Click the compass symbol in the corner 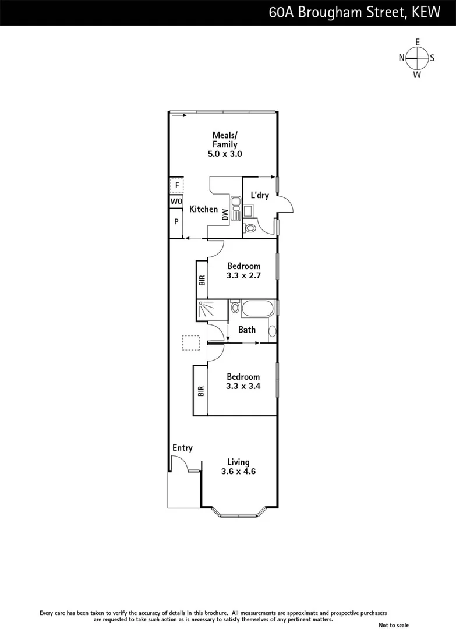click(417, 58)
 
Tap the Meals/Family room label click(224, 144)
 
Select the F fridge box click(176, 186)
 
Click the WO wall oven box click(176, 202)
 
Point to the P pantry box click(176, 222)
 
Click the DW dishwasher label click(225, 215)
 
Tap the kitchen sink click(236, 209)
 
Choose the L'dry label click(259, 195)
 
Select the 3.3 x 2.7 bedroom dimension click(243, 275)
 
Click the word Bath click(247, 330)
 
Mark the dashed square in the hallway click(190, 342)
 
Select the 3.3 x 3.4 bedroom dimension click(243, 386)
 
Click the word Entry click(182, 448)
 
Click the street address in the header click(355, 12)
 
